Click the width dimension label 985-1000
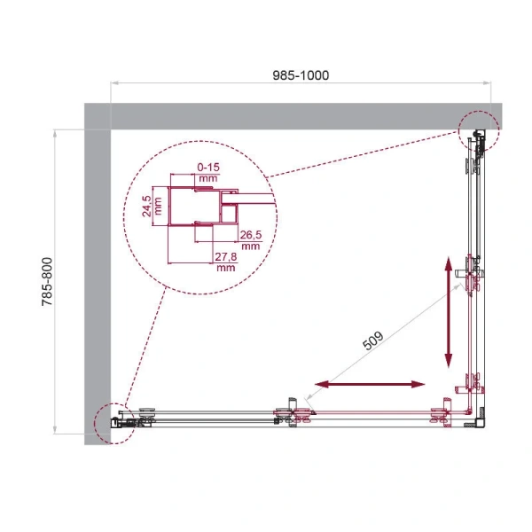click(x=301, y=75)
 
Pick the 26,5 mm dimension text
click(x=250, y=239)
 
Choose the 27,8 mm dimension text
click(x=225, y=262)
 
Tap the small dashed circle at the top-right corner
click(x=479, y=132)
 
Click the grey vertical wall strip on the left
click(x=97, y=275)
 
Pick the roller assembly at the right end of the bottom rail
click(x=438, y=414)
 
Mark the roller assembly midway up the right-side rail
click(x=473, y=276)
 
